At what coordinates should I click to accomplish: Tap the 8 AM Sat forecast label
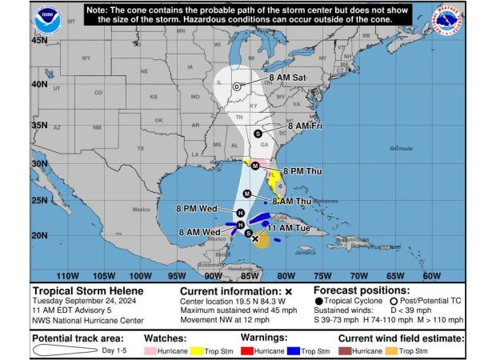tap(288, 78)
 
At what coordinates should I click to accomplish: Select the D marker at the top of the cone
tap(237, 86)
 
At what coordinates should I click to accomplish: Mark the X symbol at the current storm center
tap(255, 238)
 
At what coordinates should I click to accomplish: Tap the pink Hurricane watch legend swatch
tap(150, 350)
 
